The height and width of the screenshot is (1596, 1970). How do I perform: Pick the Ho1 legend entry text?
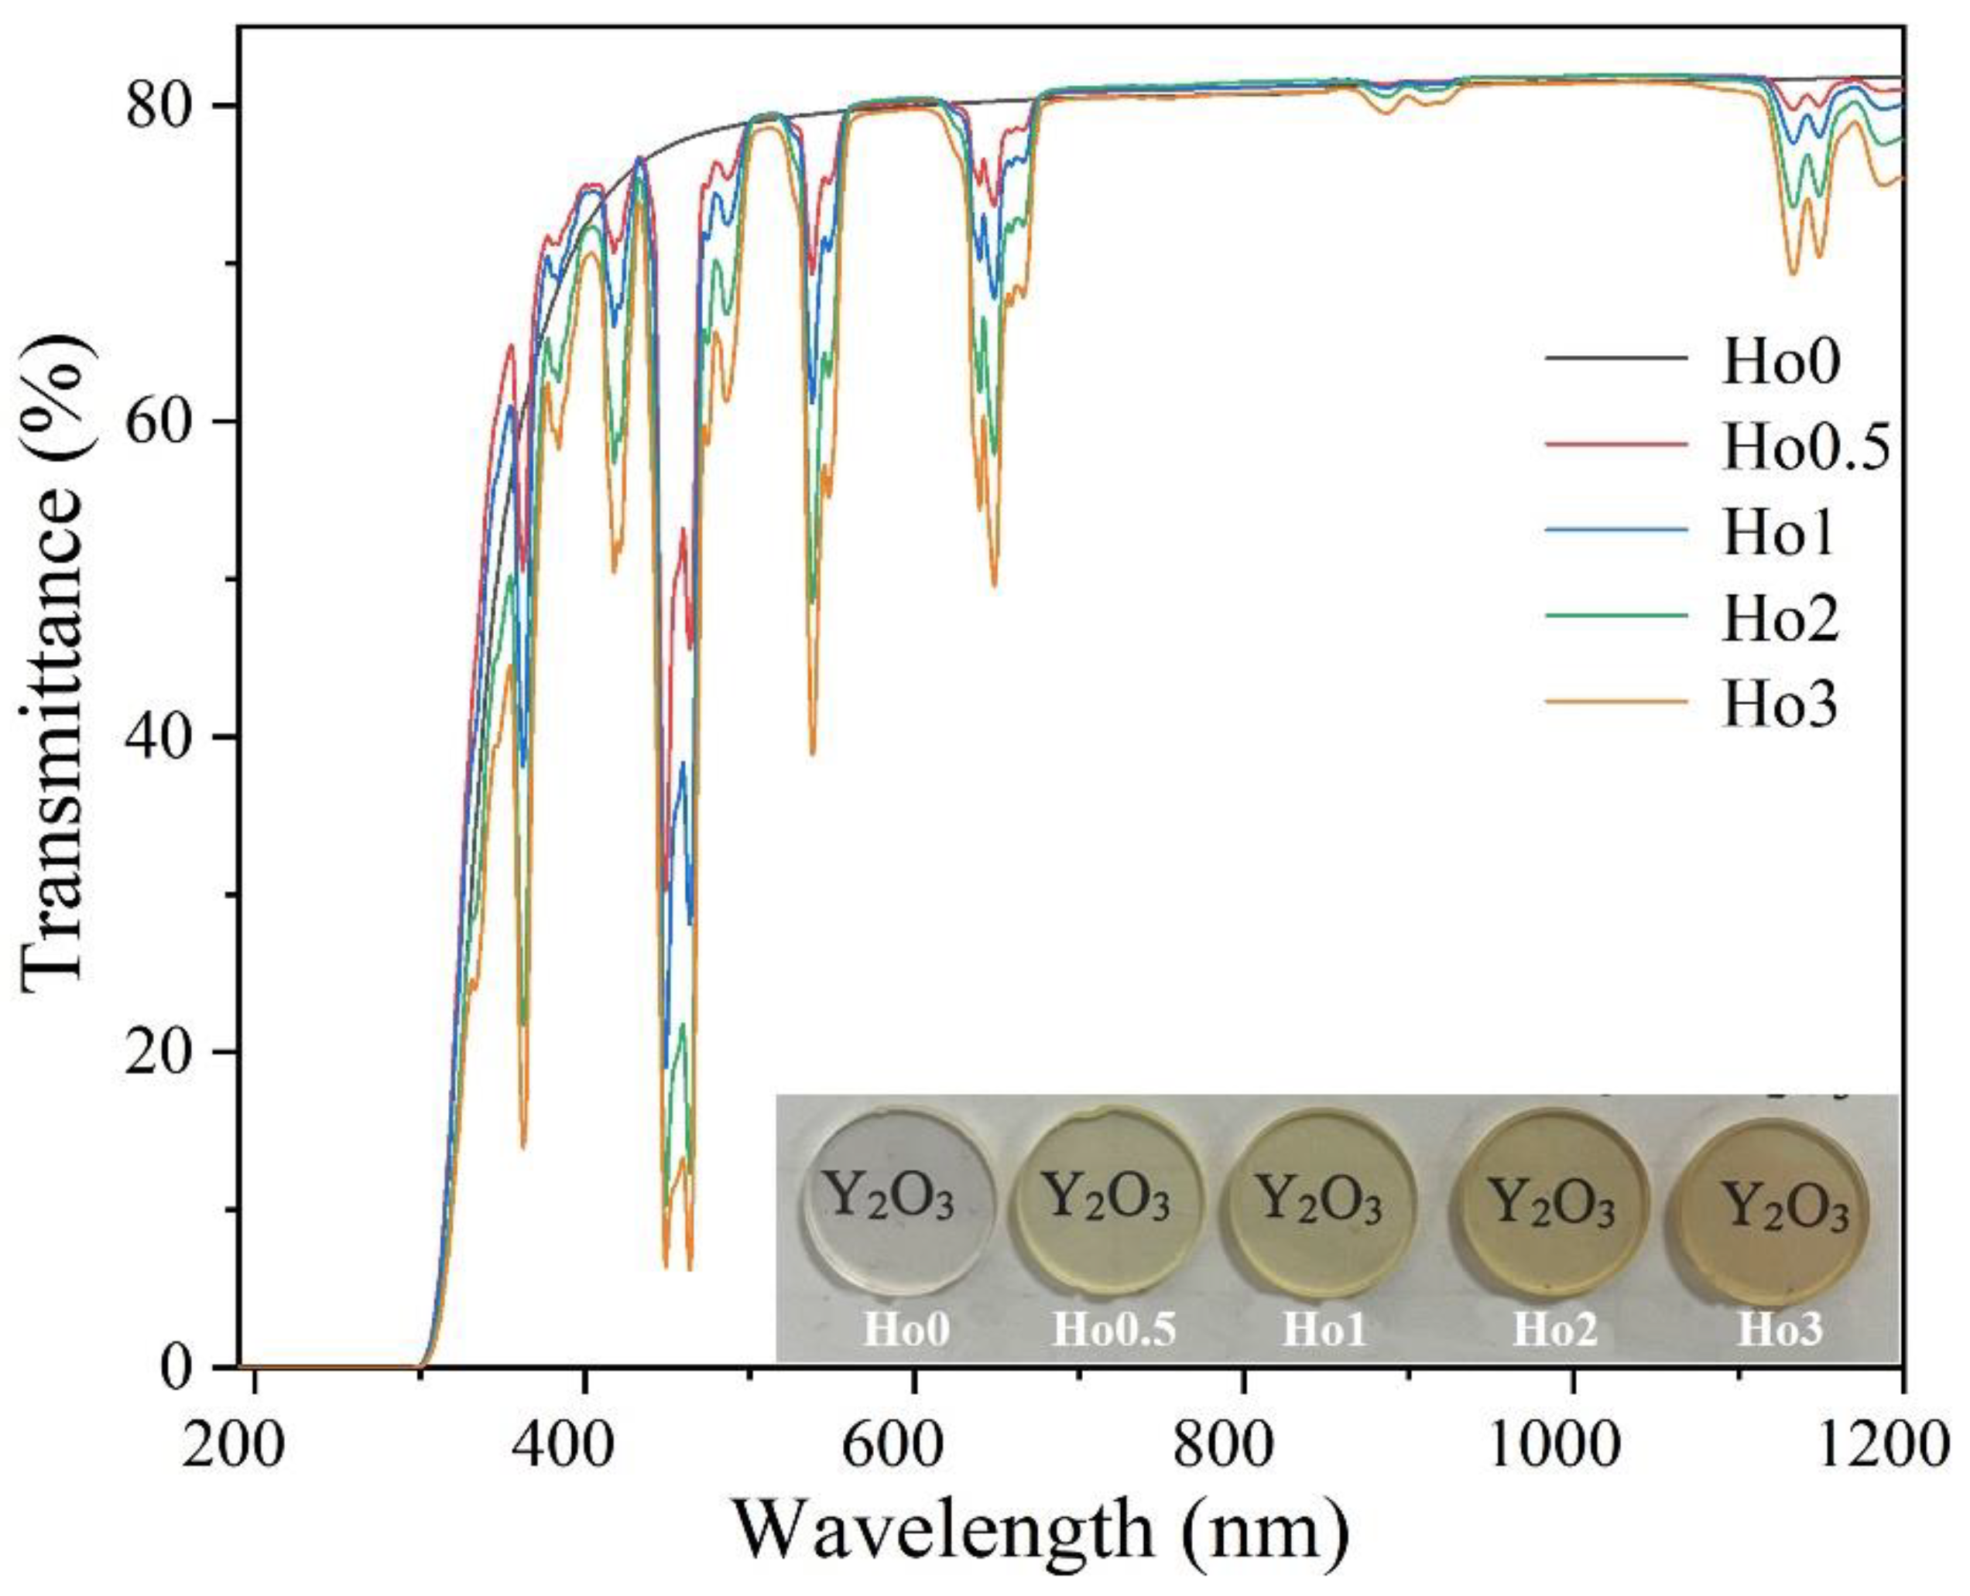click(x=1779, y=534)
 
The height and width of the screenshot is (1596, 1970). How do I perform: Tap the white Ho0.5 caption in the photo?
click(x=1114, y=1331)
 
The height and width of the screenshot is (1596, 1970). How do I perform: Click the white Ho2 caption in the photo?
click(x=1555, y=1331)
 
